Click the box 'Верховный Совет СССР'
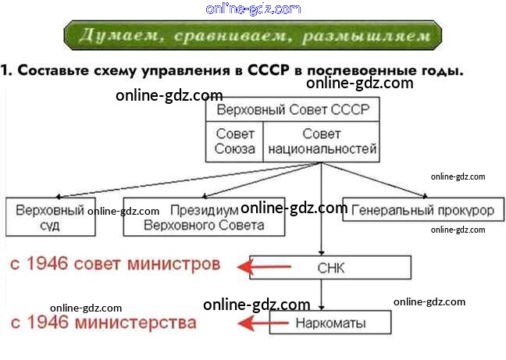coord(293,109)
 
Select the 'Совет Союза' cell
coord(235,141)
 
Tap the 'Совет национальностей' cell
coord(322,141)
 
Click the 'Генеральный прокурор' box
coord(422,211)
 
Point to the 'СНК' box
coord(330,268)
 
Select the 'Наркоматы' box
coord(330,323)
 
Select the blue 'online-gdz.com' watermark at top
coord(253,9)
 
